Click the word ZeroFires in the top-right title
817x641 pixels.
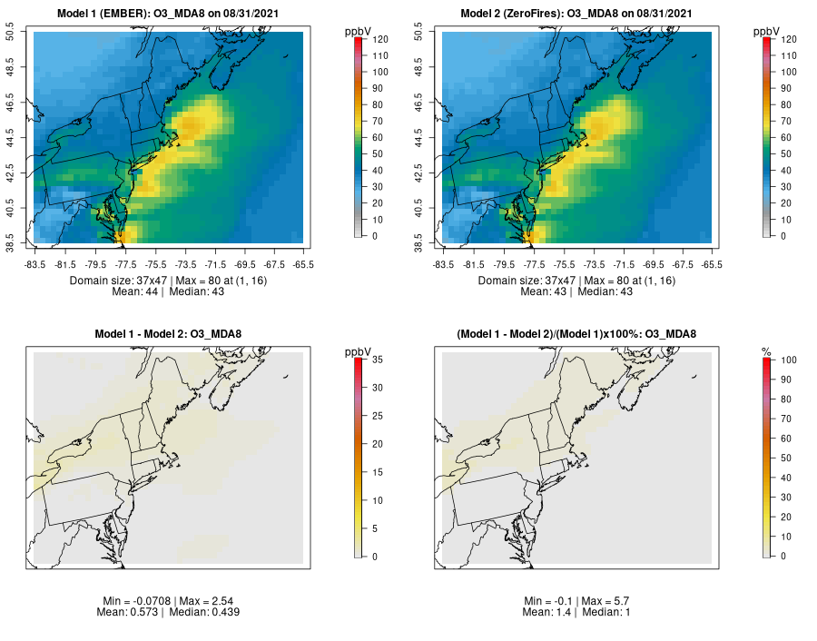pos(541,14)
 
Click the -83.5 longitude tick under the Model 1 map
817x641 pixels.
pos(35,264)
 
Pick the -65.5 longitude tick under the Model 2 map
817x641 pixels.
pos(713,264)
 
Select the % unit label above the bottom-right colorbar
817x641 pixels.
pos(766,351)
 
